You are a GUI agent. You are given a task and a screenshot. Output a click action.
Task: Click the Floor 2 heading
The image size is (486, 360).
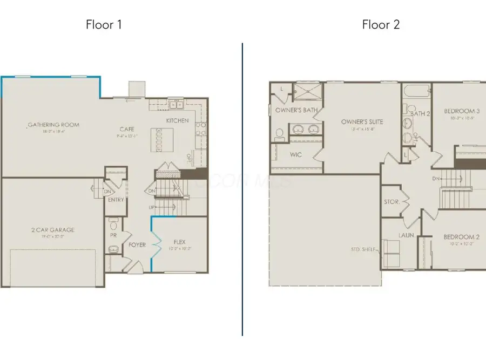pyautogui.click(x=381, y=24)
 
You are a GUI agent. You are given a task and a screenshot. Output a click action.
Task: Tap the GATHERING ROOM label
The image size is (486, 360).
pyautogui.click(x=53, y=125)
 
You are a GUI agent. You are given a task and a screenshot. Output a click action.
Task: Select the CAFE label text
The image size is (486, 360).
pyautogui.click(x=128, y=129)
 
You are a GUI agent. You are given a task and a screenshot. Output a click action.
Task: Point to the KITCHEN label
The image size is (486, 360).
pyautogui.click(x=177, y=120)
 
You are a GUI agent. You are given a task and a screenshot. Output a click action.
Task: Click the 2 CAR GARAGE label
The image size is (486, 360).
pyautogui.click(x=52, y=230)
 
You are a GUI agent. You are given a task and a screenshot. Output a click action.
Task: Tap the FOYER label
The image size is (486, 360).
pyautogui.click(x=137, y=245)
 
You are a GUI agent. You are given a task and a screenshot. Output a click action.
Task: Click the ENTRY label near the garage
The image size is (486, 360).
pyautogui.click(x=116, y=200)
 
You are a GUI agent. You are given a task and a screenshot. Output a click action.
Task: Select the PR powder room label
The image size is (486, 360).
pyautogui.click(x=114, y=236)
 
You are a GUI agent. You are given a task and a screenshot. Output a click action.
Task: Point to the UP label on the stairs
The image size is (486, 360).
pyautogui.click(x=152, y=207)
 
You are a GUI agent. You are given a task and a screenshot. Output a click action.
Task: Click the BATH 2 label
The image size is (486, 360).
pyautogui.click(x=420, y=113)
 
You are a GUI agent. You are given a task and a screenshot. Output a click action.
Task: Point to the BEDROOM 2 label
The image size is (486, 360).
pyautogui.click(x=462, y=237)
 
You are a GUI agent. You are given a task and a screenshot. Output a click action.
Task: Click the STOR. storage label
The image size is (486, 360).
pyautogui.click(x=392, y=202)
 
